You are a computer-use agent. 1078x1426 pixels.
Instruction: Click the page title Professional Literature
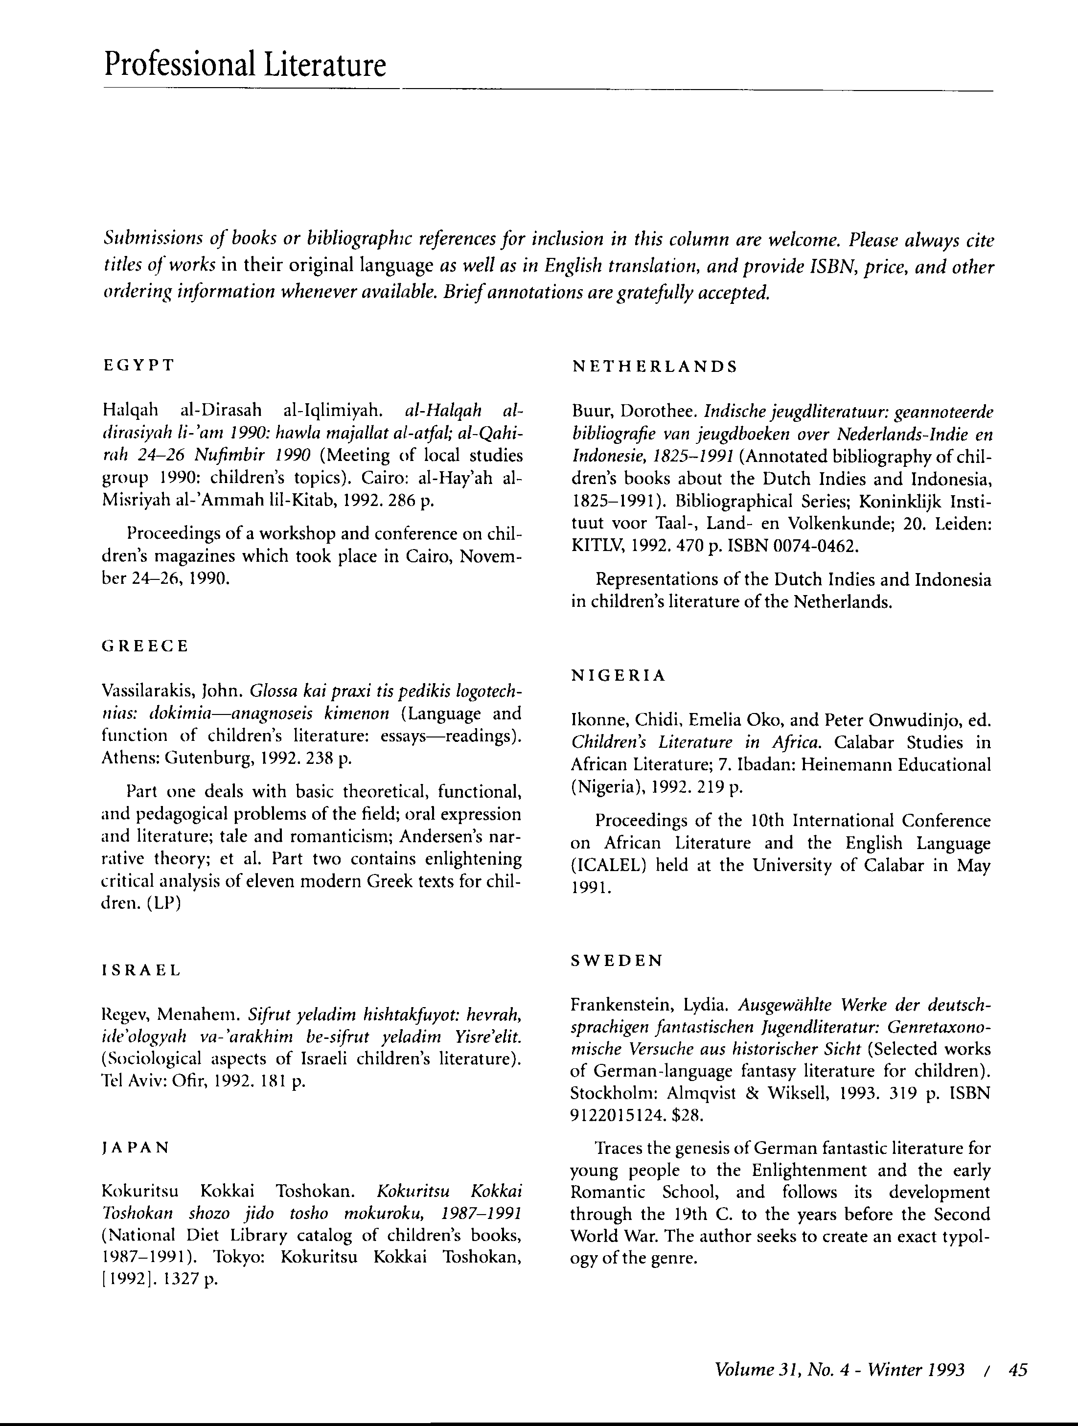(245, 65)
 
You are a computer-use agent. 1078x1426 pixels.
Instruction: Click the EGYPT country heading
(138, 366)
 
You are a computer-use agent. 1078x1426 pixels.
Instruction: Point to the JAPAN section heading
(136, 1148)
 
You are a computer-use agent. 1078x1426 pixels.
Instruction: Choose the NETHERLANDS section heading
(654, 367)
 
